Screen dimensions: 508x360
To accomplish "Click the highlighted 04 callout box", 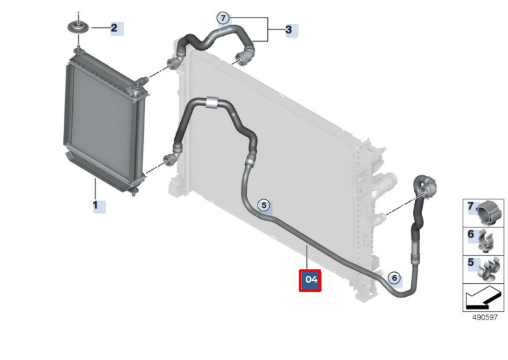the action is (x=310, y=280).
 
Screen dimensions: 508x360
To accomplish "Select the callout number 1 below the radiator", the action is (x=95, y=205).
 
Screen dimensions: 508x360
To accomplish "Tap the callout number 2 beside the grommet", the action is (x=114, y=28).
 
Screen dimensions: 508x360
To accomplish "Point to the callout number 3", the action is (x=289, y=30).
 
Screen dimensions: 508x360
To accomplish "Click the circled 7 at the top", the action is (x=223, y=18).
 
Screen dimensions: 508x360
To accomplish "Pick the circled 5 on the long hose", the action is (x=264, y=205).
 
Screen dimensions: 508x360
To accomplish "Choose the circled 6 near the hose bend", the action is (x=394, y=278).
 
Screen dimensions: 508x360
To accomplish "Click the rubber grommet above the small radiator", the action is (x=78, y=27).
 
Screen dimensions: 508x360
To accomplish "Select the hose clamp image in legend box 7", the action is (x=489, y=213).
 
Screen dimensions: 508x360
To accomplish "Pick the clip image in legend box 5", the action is (x=489, y=269).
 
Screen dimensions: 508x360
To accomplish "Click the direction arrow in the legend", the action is (x=482, y=297).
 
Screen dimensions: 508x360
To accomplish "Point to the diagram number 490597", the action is (x=485, y=318).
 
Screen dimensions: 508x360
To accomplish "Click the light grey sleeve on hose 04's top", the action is (x=211, y=102).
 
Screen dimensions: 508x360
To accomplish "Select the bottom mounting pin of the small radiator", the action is (x=133, y=192).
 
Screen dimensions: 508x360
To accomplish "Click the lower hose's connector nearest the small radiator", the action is (x=170, y=159).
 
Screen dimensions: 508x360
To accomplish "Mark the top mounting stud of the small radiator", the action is (x=77, y=50).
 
